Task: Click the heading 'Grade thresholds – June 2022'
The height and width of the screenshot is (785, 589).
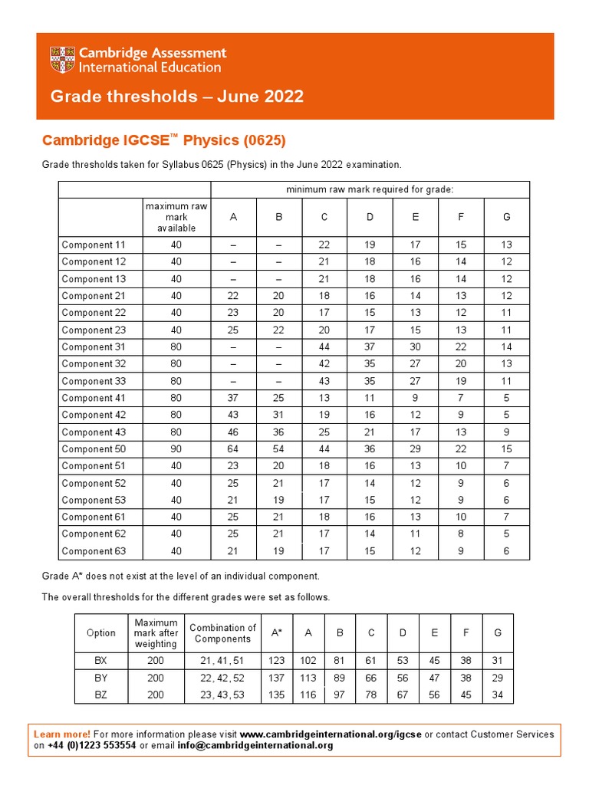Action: coord(176,97)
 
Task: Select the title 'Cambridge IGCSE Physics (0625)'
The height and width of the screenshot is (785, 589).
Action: coord(163,140)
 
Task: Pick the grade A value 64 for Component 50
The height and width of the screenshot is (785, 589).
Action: coord(233,449)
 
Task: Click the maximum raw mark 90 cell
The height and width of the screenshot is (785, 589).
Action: coord(176,449)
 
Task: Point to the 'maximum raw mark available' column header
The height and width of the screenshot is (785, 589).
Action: coord(176,217)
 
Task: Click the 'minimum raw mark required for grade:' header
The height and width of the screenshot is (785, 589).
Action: coord(370,189)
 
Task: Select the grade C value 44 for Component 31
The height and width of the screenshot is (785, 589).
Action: coord(324,347)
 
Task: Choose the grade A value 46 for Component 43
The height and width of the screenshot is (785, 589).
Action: coord(233,432)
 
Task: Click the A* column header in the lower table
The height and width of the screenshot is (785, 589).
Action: coord(276,633)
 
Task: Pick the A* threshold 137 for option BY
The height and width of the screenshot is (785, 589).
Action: coord(276,678)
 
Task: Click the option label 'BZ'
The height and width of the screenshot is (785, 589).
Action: coord(101,695)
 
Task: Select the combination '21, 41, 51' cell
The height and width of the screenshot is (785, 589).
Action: coord(222,661)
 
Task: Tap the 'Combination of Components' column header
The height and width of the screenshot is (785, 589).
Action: coord(222,633)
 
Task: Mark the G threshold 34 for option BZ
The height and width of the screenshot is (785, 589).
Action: coord(498,695)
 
